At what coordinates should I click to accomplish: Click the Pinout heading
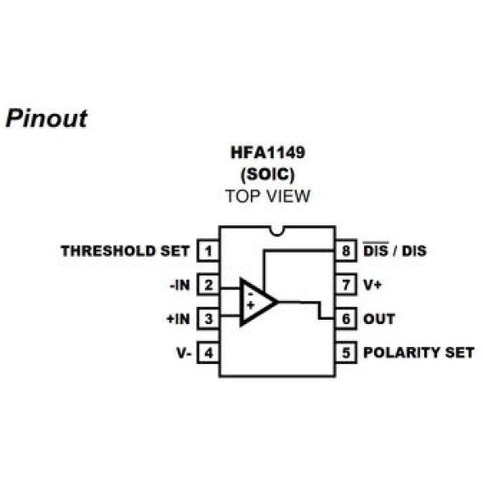(47, 118)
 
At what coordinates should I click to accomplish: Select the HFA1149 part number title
(267, 155)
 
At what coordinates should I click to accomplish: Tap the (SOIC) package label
(267, 175)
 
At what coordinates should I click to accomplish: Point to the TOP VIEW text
(267, 196)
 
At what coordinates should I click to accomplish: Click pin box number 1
(207, 251)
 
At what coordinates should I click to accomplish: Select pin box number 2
(207, 285)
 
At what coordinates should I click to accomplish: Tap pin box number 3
(207, 319)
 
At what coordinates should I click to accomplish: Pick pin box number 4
(207, 352)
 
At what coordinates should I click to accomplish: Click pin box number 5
(345, 352)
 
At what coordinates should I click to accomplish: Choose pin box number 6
(345, 319)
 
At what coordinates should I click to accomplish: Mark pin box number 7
(345, 285)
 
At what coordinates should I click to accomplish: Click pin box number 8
(345, 251)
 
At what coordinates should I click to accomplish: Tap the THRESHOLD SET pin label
(125, 251)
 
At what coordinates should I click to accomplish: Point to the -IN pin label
(179, 285)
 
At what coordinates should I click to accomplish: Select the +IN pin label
(179, 319)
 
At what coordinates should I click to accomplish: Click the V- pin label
(183, 352)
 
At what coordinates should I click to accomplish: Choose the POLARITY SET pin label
(418, 352)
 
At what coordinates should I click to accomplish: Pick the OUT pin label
(379, 319)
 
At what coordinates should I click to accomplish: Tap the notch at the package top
(276, 230)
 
